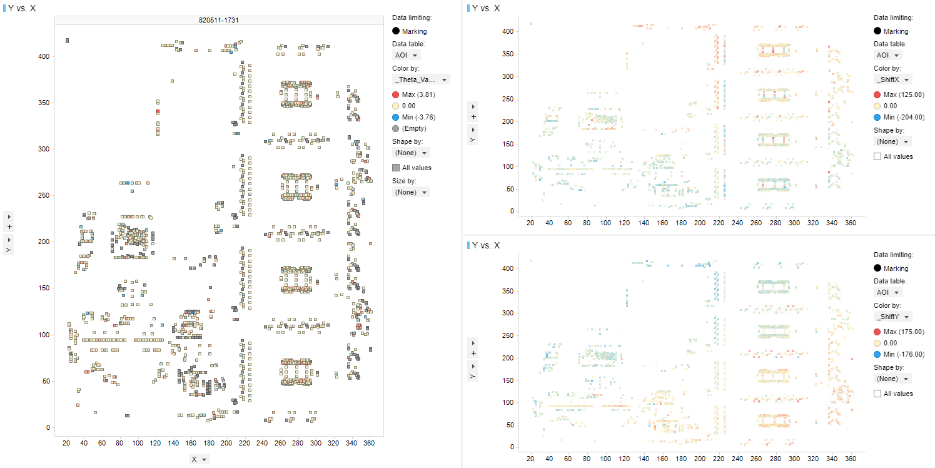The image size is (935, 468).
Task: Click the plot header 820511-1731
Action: (x=218, y=20)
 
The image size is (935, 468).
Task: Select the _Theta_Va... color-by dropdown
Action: (x=421, y=79)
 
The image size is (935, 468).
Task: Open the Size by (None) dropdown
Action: (x=411, y=192)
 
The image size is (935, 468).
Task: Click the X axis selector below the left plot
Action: (x=200, y=459)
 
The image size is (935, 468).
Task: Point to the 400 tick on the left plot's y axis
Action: (x=44, y=56)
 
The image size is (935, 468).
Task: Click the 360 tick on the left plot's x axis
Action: (x=368, y=443)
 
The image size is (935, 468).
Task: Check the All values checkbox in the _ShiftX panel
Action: (x=877, y=156)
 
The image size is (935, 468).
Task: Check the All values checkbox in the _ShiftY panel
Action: (x=877, y=394)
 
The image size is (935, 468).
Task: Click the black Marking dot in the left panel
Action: (x=396, y=31)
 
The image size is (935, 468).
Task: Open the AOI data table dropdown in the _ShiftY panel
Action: (x=888, y=292)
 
